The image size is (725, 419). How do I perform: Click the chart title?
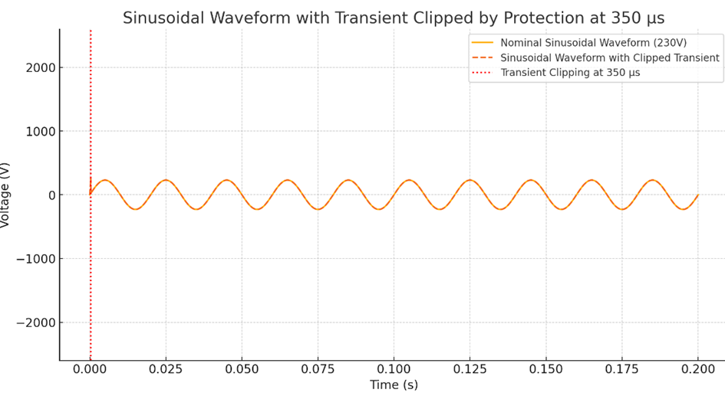[x=394, y=18]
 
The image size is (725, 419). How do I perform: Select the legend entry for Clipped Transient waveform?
[x=609, y=57]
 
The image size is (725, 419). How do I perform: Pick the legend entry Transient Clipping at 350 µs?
[x=569, y=73]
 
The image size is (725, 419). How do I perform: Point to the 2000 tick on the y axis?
[x=40, y=67]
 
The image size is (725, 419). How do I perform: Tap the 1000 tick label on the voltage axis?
[x=40, y=131]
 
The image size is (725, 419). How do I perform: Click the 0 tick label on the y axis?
[x=51, y=195]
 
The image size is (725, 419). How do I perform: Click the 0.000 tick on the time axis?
[x=91, y=368]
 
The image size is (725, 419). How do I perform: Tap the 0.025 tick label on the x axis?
[x=166, y=368]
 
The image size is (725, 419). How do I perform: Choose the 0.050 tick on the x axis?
[x=242, y=368]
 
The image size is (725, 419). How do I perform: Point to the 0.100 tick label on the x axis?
[x=394, y=368]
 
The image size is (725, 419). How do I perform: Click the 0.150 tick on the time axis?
[x=545, y=368]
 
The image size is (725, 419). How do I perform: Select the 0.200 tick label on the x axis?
[x=697, y=368]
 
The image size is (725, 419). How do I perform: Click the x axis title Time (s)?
[x=394, y=385]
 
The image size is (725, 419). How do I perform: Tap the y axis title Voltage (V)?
[x=6, y=195]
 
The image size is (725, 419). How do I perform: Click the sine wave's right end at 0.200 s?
[x=697, y=195]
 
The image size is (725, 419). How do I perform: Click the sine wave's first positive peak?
[x=105, y=180]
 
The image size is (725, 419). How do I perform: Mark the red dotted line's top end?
[x=91, y=31]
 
